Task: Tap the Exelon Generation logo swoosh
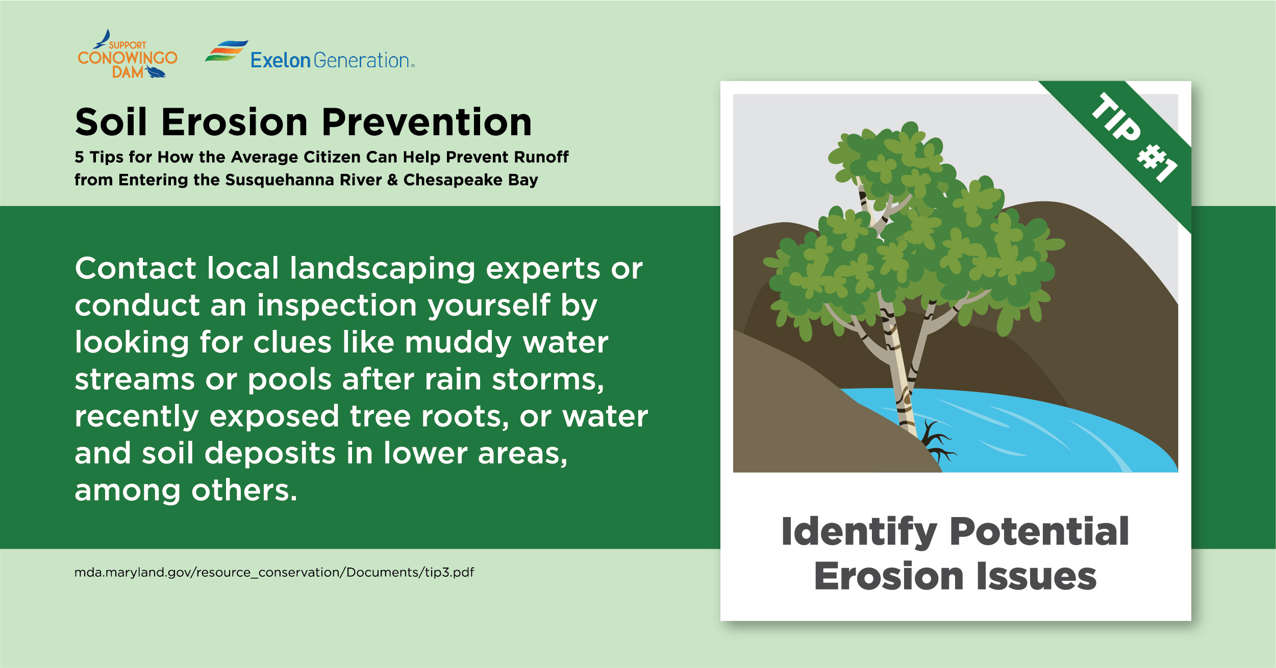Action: (x=227, y=51)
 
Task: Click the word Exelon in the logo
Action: (x=280, y=60)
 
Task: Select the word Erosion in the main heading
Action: (x=235, y=122)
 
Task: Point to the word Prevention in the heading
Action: (x=427, y=122)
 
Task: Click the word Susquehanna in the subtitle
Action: (x=303, y=180)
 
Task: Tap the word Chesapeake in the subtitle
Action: (x=453, y=180)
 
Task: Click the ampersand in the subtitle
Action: (x=392, y=180)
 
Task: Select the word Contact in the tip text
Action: (x=135, y=268)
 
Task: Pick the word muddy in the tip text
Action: (x=458, y=343)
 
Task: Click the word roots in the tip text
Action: (x=465, y=417)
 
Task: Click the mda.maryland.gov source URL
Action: (x=274, y=572)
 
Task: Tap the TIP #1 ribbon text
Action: (x=1135, y=137)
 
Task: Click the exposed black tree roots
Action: (x=938, y=442)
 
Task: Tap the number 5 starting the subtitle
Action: (x=79, y=157)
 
